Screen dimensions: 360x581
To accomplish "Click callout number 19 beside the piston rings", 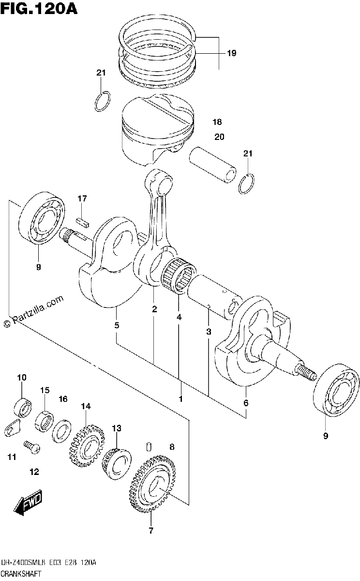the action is click(231, 53).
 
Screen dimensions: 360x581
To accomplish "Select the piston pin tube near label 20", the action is click(212, 165).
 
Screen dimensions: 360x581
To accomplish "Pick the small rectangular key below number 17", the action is click(83, 223).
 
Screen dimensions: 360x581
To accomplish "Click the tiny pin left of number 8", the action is click(149, 446).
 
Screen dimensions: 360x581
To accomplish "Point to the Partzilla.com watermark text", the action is click(34, 311).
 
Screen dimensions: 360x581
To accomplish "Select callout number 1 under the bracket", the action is click(180, 398).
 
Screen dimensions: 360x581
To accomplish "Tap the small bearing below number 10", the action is click(23, 408).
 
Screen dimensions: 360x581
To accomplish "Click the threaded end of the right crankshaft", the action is click(306, 373).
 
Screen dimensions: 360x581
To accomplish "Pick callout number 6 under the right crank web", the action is click(246, 402).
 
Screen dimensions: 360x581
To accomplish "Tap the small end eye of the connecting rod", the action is click(159, 183).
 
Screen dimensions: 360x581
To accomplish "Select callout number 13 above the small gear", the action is click(117, 428).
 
